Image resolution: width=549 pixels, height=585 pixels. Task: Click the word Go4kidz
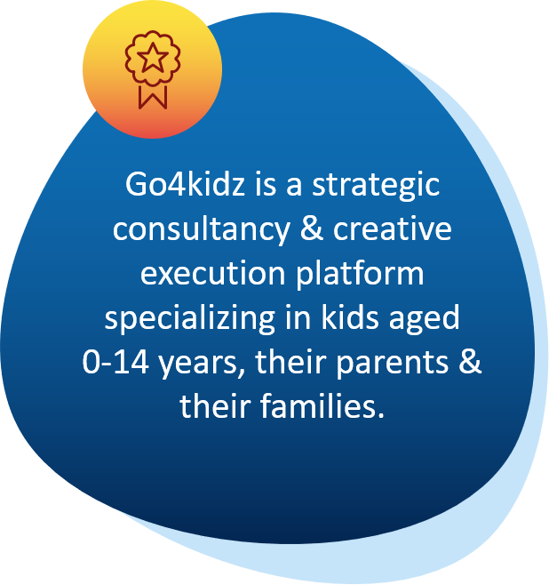coord(185,184)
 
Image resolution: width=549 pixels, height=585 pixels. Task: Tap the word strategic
coord(376,187)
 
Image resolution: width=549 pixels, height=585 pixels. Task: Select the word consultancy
coord(202,230)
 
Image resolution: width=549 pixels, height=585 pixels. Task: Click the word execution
coord(213,273)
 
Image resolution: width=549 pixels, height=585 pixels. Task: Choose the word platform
coord(360,275)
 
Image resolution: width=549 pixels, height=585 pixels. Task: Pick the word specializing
coord(190,319)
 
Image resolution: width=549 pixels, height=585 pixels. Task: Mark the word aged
coord(424,319)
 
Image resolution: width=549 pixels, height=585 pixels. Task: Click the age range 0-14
coord(115,362)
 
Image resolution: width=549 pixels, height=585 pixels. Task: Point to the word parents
coord(392,363)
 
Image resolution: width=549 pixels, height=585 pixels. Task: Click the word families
coord(322,405)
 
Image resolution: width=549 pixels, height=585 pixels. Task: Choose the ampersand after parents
coord(470,361)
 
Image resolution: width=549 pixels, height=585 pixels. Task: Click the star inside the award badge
coord(153,57)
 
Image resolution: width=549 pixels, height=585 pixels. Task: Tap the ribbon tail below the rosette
coord(153,97)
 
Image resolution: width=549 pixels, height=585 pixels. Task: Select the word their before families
coord(215,405)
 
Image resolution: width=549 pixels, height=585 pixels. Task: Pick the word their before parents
coord(290,361)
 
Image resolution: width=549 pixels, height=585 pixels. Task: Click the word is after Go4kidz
coord(266,184)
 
